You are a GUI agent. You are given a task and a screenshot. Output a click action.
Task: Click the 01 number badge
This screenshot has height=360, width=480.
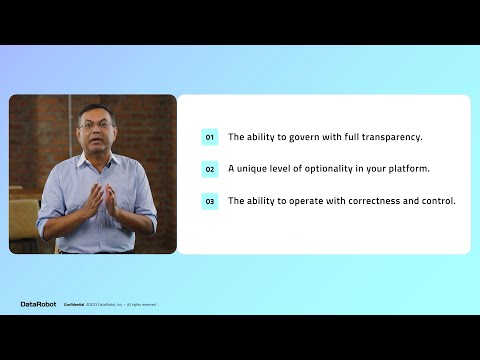coord(209,137)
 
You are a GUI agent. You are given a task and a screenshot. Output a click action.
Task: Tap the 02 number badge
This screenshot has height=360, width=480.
coord(209,169)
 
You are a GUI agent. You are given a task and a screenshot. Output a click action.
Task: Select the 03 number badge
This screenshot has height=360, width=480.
coord(209,201)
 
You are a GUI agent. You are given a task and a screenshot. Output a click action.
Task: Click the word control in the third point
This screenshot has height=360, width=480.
coord(437,201)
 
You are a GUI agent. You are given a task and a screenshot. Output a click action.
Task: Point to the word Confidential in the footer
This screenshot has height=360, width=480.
coord(74,304)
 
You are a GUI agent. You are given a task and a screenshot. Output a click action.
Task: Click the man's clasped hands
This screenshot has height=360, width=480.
coord(97,200)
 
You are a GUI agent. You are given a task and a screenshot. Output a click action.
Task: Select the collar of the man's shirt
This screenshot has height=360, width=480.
coord(97,158)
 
